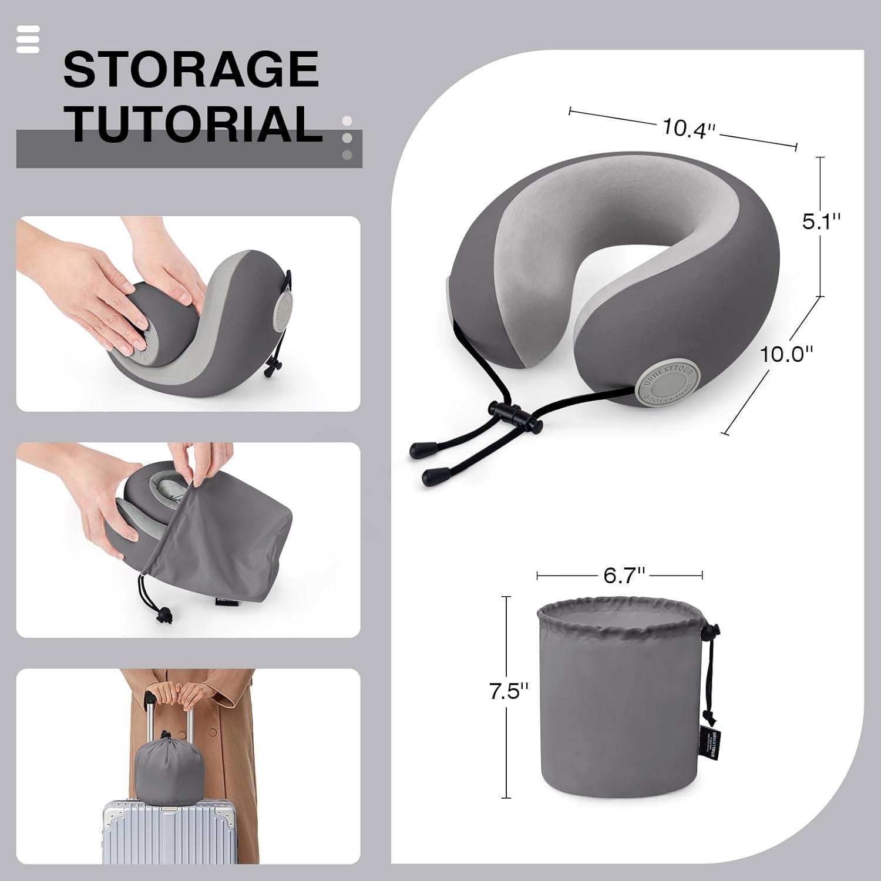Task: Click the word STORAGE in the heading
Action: click(x=191, y=69)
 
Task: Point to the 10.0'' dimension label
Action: click(x=787, y=354)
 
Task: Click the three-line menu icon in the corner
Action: click(x=28, y=39)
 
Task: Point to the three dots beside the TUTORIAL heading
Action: click(x=347, y=138)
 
